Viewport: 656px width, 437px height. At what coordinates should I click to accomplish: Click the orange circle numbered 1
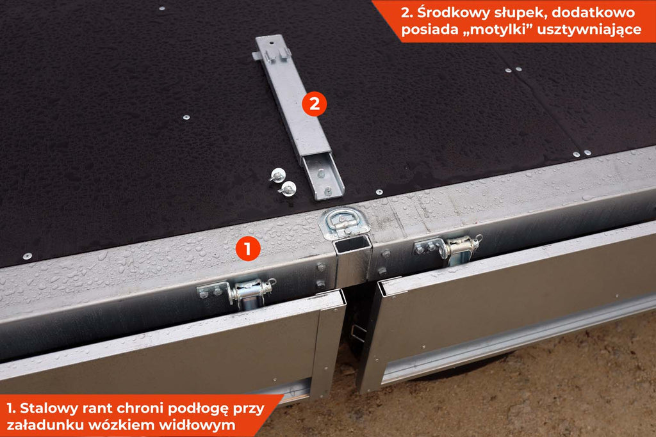click(248, 249)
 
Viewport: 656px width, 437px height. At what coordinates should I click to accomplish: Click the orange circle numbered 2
click(314, 104)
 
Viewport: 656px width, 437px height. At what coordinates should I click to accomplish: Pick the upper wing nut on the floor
click(277, 175)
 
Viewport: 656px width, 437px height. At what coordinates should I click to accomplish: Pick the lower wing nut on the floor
click(288, 189)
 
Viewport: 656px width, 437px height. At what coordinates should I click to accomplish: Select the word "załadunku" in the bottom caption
click(50, 425)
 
